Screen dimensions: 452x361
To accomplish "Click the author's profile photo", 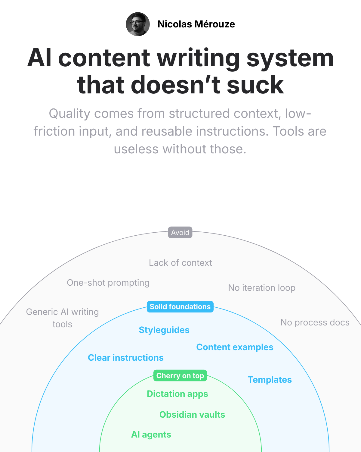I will pos(138,24).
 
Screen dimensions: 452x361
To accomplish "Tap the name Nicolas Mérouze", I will pos(196,24).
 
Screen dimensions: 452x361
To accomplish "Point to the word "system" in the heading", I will pos(290,58).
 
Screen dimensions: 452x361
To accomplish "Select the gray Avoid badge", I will pos(180,232).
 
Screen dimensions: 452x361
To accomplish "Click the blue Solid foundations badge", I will pos(180,307).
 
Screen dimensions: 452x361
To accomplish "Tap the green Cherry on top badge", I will pos(180,376).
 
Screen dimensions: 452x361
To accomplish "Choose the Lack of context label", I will pos(180,263).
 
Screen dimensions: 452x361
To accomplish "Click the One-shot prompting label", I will pos(108,283).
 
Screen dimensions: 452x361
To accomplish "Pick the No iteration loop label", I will pos(262,288).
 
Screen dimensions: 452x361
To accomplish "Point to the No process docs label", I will pos(315,322).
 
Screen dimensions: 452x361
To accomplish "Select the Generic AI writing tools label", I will pos(62,318).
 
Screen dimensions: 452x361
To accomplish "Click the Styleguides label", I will pos(164,330).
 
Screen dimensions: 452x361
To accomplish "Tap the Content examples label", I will pos(235,347).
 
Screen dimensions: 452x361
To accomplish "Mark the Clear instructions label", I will pos(125,358).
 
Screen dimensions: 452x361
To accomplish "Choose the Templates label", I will pos(270,380).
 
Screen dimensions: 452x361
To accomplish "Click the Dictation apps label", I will pos(177,394).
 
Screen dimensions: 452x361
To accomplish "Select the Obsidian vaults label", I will pos(192,415).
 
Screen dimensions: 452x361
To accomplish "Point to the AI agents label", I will pos(151,435).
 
